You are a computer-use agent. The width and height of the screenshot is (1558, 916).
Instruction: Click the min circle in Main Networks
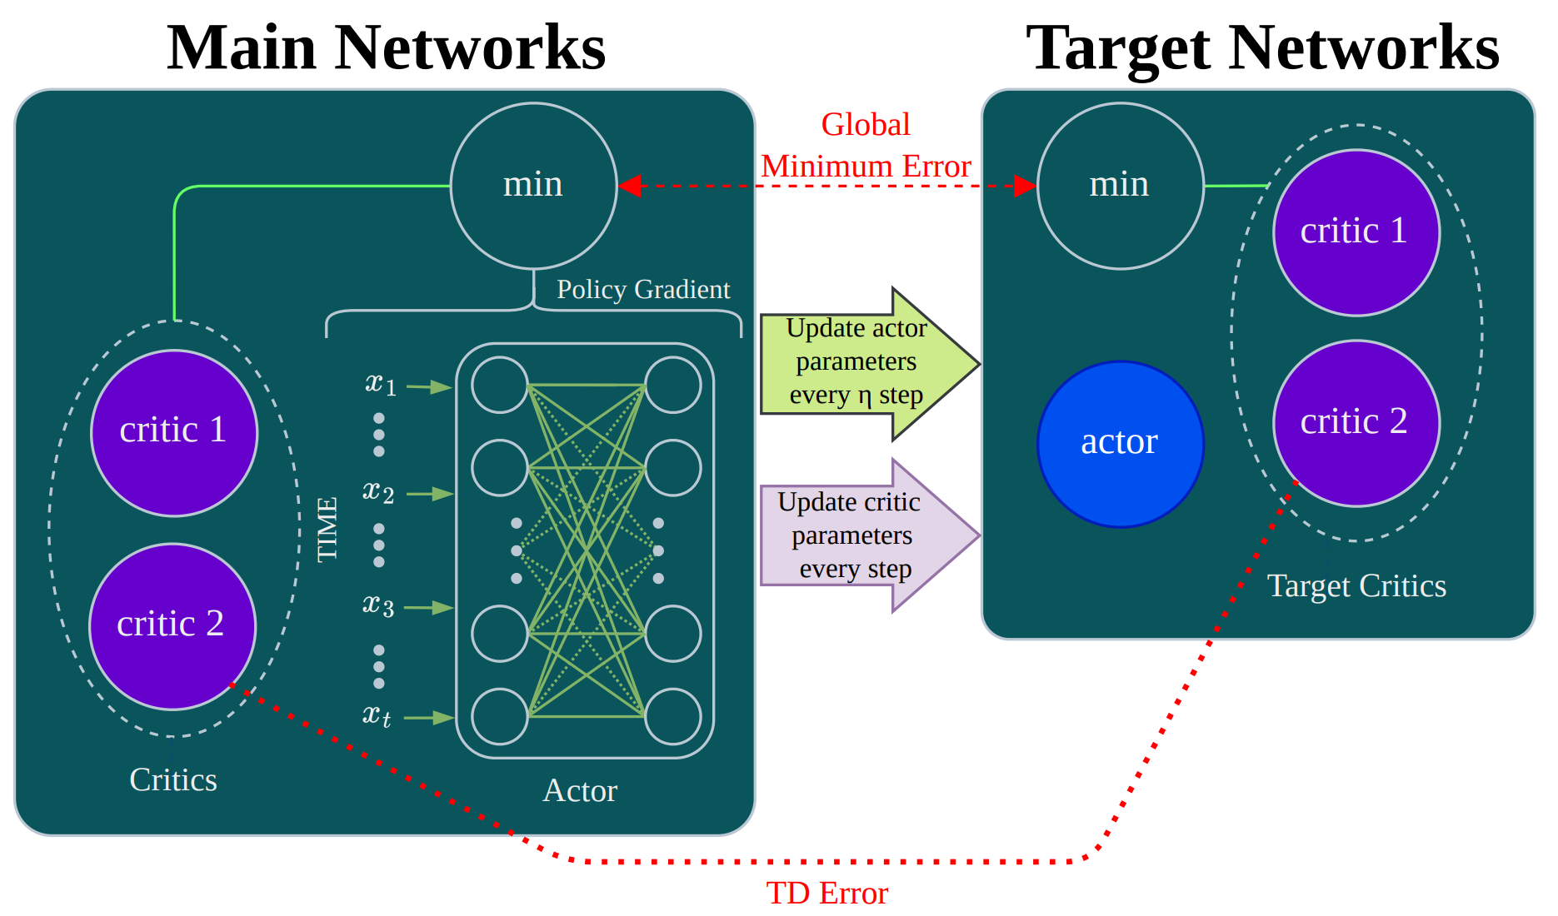point(533,185)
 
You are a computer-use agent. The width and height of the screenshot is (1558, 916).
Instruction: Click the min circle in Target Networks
point(1120,185)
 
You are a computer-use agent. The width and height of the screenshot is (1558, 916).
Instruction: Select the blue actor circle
point(1120,443)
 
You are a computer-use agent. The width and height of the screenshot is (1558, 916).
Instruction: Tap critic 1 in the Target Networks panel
point(1356,232)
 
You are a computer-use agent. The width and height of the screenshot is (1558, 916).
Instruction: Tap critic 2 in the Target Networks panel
point(1356,423)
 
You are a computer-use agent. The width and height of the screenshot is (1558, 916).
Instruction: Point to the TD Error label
point(826,894)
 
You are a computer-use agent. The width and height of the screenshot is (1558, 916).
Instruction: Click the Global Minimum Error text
point(866,146)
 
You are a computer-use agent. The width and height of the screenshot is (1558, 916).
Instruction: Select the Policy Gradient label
point(642,290)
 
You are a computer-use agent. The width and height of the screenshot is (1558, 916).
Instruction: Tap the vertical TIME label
point(327,529)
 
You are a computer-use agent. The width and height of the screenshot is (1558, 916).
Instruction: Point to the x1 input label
point(380,384)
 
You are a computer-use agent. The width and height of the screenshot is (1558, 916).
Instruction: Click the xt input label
point(377,715)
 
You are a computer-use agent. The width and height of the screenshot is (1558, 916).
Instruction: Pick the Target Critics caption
point(1356,586)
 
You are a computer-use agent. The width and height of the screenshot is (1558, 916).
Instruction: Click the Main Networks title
point(386,47)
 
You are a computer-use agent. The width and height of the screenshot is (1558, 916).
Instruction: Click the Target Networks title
point(1261,47)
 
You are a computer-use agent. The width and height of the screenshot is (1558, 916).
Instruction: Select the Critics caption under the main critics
point(173,780)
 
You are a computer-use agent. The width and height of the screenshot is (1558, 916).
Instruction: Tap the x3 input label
point(377,605)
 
